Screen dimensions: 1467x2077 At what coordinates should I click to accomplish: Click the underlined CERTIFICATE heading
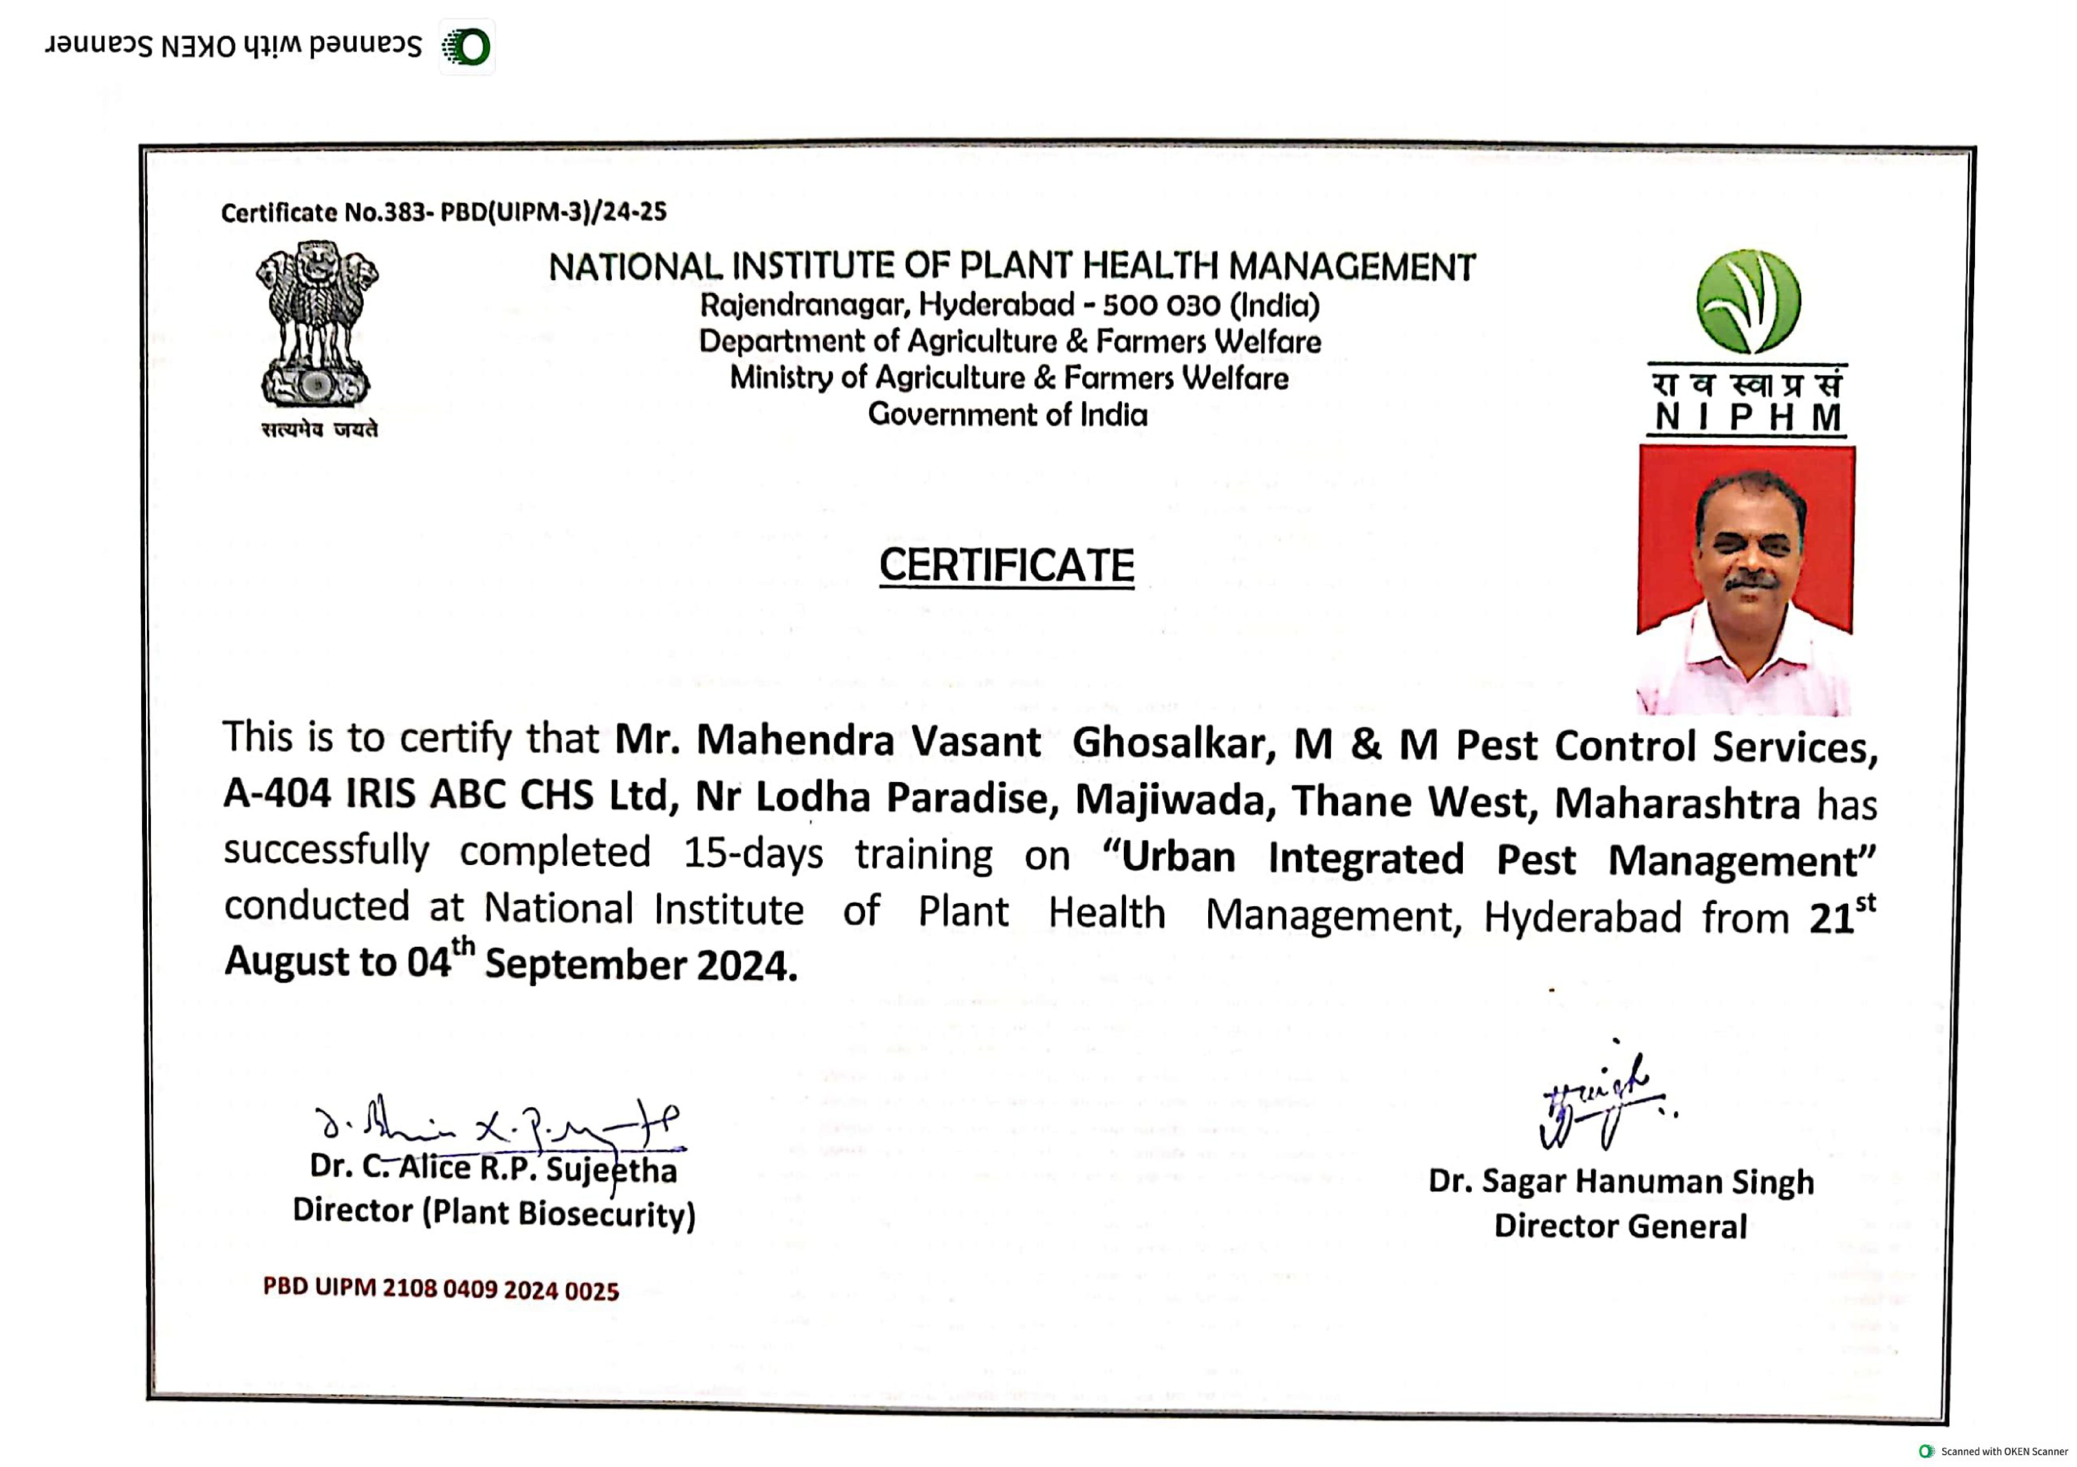click(x=1006, y=566)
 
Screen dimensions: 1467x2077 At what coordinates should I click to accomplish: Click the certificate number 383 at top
click(x=404, y=213)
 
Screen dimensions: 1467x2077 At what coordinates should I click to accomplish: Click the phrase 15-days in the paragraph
click(x=753, y=853)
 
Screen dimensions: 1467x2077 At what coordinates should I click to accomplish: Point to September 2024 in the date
click(x=640, y=965)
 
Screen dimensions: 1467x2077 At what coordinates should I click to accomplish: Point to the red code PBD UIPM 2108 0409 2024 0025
click(x=441, y=1289)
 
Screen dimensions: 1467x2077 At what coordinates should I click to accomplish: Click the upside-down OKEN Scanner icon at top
click(x=467, y=47)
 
